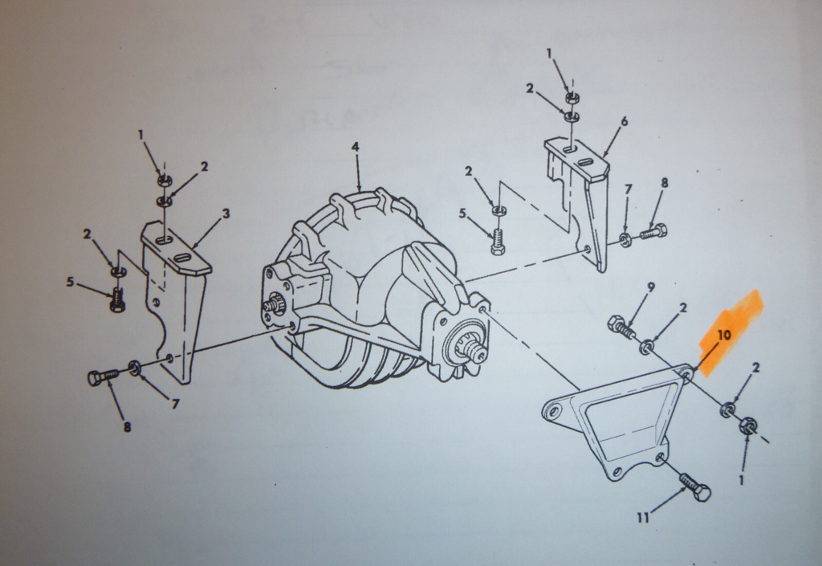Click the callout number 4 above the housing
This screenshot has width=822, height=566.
356,147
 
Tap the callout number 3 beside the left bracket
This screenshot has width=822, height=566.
226,214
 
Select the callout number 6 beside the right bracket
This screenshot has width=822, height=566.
624,121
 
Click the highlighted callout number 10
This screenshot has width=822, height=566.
724,335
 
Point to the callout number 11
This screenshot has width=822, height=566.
643,518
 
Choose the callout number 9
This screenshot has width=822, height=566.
651,287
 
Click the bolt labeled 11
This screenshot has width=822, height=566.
695,487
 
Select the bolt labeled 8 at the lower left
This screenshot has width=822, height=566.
104,377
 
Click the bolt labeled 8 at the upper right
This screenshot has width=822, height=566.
653,231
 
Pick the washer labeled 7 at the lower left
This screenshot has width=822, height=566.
135,368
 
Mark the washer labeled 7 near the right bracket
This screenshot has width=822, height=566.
625,240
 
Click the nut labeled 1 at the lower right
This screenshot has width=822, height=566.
747,425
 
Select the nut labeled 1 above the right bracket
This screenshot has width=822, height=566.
572,97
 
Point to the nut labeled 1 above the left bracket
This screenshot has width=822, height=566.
165,181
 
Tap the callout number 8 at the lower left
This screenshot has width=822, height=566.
127,427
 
